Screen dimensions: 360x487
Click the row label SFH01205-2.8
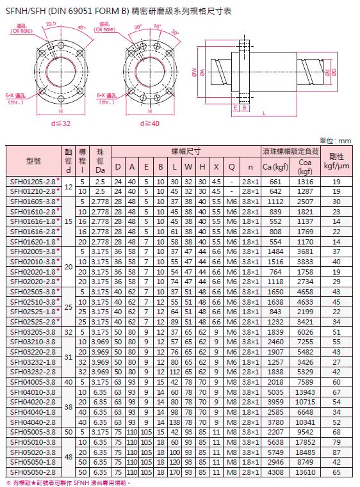pos(33,182)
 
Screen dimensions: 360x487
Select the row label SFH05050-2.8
pos(33,472)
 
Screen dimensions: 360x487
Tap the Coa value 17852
pos(305,442)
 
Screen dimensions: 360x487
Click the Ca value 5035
pos(275,392)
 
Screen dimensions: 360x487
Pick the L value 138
pos(174,422)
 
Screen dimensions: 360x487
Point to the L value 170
pos(174,472)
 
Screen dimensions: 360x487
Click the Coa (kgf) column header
pos(305,166)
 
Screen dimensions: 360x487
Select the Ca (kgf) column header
pos(275,167)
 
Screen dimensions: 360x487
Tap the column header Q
pos(231,167)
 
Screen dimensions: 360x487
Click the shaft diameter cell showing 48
pos(69,457)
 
